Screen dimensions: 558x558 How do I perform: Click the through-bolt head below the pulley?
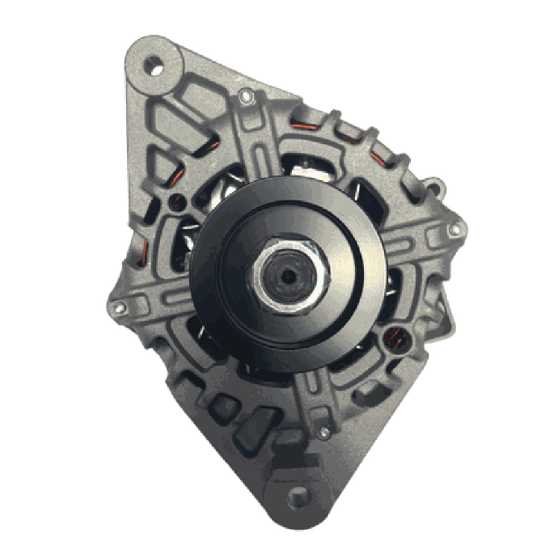[324, 429]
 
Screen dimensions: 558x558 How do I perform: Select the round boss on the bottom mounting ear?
[298, 495]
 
